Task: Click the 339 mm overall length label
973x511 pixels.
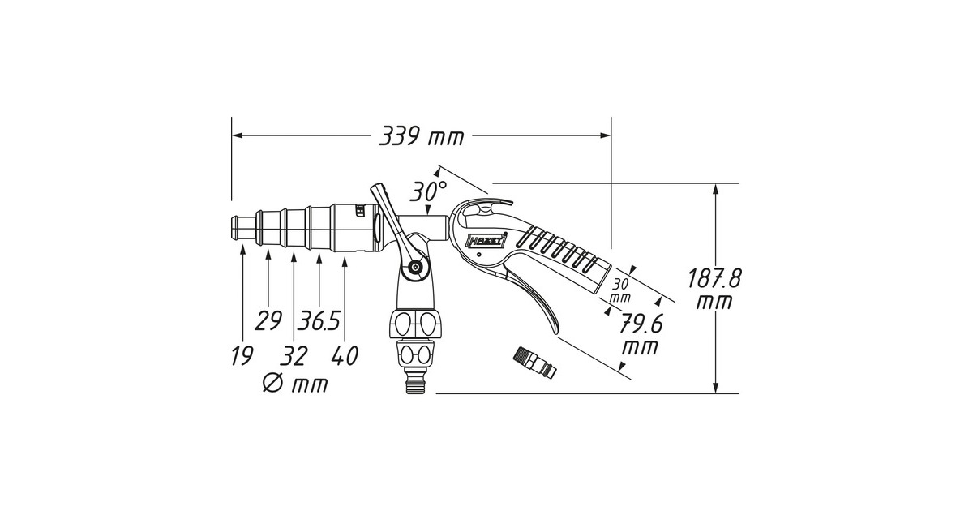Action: click(x=422, y=136)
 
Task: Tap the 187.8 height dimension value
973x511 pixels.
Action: click(x=714, y=278)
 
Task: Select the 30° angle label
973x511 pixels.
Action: click(x=428, y=191)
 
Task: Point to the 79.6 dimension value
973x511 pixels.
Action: click(x=641, y=324)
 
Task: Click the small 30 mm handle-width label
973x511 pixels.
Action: click(x=621, y=290)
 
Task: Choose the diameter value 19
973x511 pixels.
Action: click(x=242, y=356)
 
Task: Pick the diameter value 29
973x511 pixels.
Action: click(x=268, y=320)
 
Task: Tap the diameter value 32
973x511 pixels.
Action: click(x=294, y=356)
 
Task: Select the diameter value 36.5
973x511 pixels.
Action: click(x=319, y=320)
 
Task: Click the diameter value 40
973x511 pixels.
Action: click(x=345, y=356)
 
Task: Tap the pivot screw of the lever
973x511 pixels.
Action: click(x=416, y=267)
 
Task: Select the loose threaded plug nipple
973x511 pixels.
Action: click(x=535, y=363)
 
